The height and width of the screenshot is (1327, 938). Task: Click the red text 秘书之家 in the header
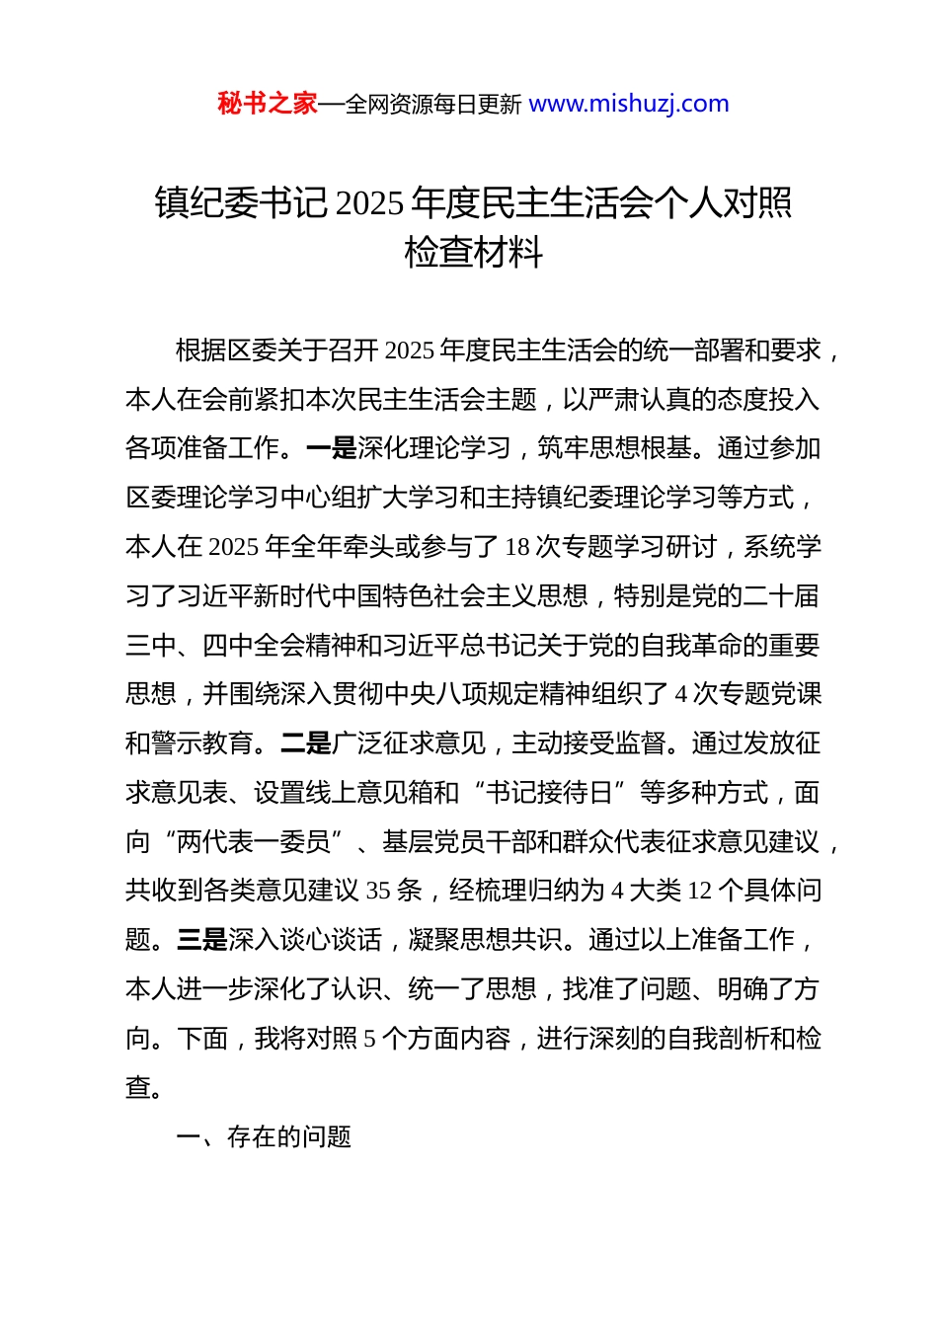[268, 104]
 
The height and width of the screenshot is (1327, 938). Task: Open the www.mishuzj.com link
[629, 104]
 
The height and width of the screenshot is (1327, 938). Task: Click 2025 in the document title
[369, 203]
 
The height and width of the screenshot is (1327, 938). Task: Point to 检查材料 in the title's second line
[474, 253]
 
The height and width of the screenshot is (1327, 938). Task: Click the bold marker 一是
[332, 448]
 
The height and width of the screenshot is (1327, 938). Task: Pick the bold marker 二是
[306, 743]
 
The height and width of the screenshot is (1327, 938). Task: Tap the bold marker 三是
[202, 940]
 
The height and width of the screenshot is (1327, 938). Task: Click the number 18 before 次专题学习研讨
[517, 547]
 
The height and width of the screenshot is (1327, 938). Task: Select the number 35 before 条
[378, 891]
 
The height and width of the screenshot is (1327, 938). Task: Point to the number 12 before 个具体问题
[699, 891]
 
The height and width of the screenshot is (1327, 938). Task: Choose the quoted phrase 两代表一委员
[253, 842]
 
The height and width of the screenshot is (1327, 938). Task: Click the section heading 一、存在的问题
[264, 1137]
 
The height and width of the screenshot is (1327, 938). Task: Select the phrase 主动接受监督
[588, 743]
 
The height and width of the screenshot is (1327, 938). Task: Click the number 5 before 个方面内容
[370, 1039]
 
